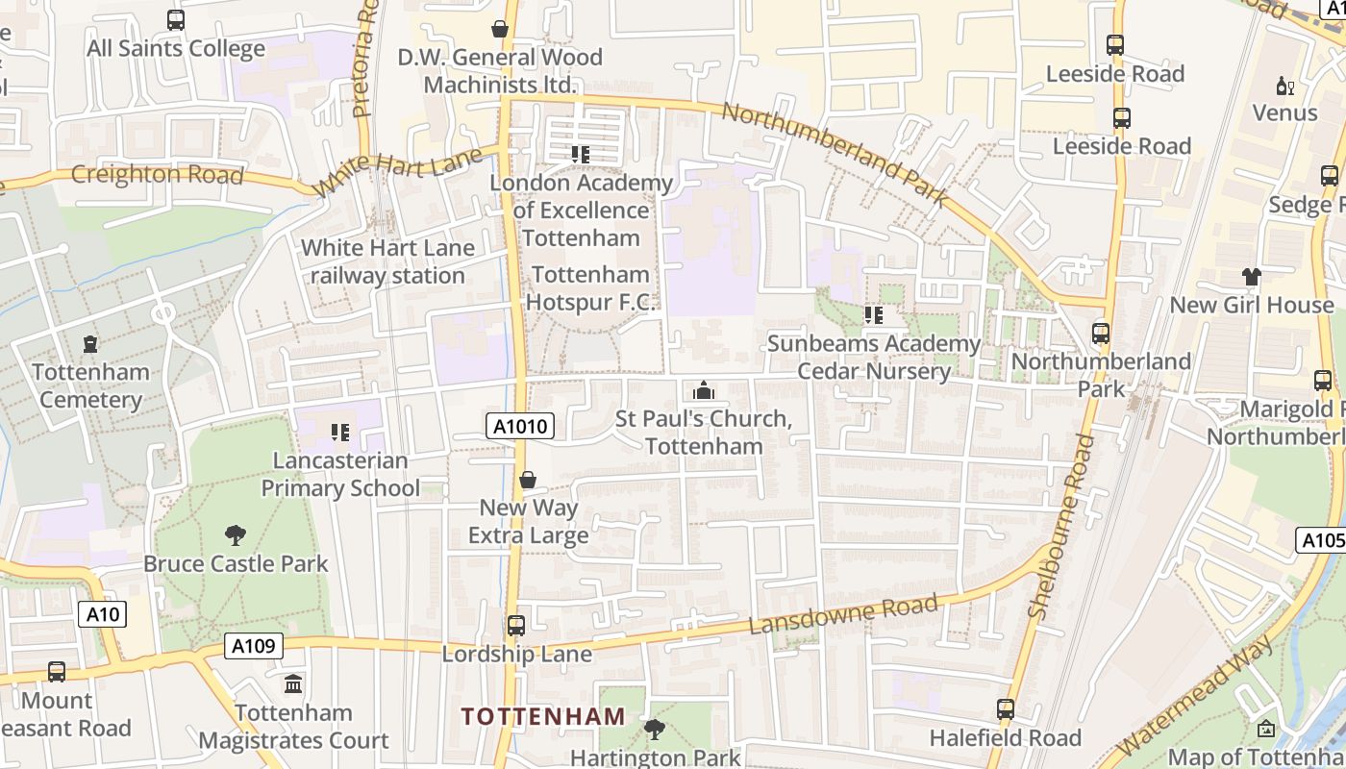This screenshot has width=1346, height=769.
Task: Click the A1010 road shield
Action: (519, 426)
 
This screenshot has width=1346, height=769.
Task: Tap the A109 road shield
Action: (254, 646)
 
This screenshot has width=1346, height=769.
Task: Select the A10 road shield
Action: (101, 613)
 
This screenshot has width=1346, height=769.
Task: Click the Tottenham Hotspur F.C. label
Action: (590, 288)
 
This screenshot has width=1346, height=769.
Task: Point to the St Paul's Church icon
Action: (704, 390)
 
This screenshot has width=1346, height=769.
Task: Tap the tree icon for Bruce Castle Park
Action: (236, 535)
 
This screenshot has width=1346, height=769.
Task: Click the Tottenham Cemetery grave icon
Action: (90, 343)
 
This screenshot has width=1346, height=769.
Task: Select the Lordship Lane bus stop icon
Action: (516, 626)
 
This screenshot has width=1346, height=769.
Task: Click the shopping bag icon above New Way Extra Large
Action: (528, 479)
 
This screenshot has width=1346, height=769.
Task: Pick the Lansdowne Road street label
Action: (842, 614)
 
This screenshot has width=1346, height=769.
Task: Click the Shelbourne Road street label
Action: (1061, 526)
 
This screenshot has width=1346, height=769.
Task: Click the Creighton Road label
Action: (157, 175)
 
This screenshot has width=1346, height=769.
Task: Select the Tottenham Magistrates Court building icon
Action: (293, 684)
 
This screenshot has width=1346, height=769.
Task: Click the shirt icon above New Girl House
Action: (1251, 277)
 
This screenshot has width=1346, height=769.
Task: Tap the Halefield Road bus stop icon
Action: (1006, 709)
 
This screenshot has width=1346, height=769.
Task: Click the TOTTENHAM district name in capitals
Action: (543, 716)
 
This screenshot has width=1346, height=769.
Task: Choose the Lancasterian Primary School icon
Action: (339, 433)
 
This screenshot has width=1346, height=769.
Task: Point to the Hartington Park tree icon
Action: (655, 730)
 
